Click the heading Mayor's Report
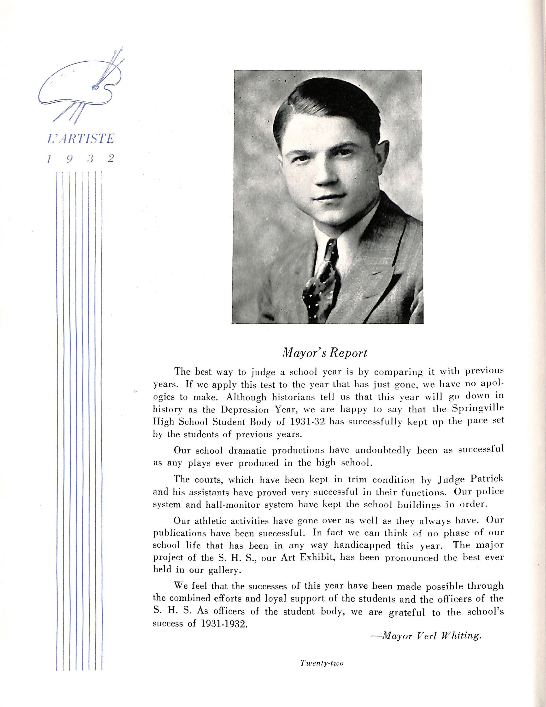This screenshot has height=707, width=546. tap(325, 353)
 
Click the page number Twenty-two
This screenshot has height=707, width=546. tap(322, 660)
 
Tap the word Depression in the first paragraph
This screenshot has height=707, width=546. tap(245, 410)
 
